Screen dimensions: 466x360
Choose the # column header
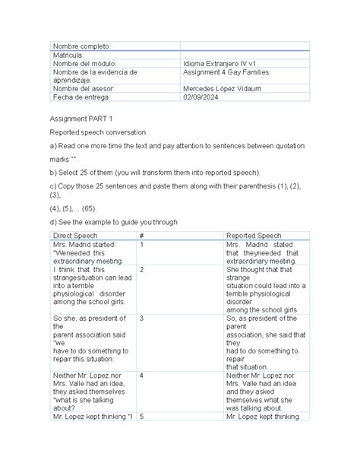point(142,236)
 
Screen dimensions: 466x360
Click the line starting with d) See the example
point(114,222)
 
